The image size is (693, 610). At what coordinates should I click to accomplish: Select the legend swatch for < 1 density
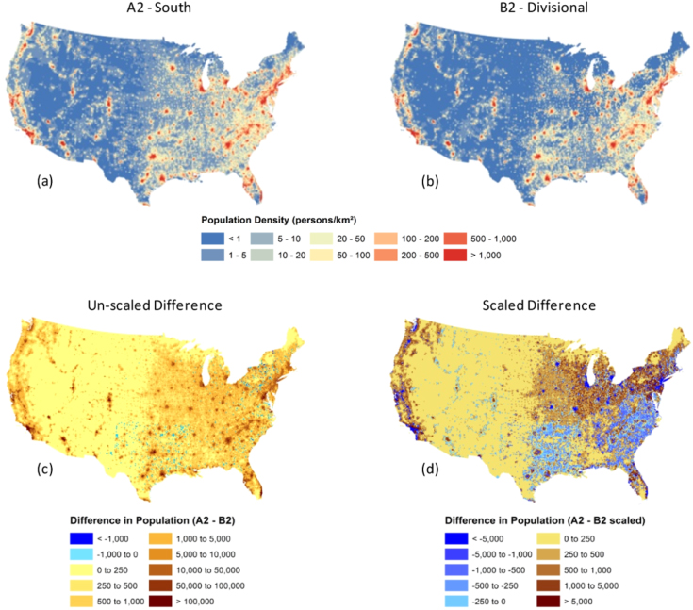click(x=213, y=239)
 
